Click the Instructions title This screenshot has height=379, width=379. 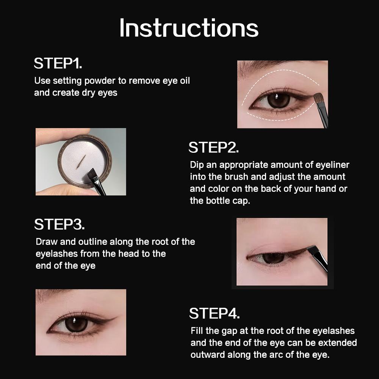189,28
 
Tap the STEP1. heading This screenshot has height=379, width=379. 58,63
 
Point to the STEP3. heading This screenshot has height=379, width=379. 60,224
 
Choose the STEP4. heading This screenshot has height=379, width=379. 215,313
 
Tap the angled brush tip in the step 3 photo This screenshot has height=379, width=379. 311,249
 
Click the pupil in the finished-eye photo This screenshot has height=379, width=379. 76,324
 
